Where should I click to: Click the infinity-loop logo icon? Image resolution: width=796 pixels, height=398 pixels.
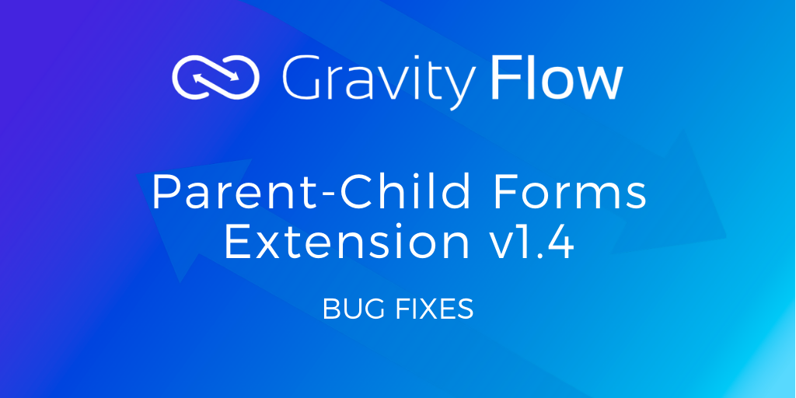(x=216, y=77)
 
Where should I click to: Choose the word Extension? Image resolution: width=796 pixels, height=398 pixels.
(x=347, y=241)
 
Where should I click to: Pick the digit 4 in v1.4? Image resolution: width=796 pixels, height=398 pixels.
(x=560, y=242)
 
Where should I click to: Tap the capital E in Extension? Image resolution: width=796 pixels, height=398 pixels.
(x=237, y=242)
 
